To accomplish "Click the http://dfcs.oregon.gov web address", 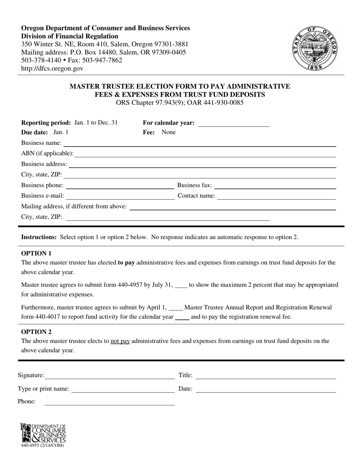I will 52,69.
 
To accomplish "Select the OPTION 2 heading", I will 36,332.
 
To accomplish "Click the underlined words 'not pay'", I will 120,341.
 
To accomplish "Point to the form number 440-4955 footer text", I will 42,446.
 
